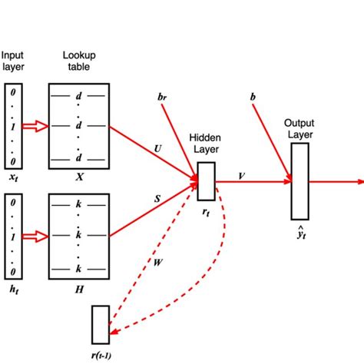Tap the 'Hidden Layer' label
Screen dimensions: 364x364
tap(206, 143)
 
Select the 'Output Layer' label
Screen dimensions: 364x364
tap(299, 128)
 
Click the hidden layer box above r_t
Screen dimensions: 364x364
tap(206, 180)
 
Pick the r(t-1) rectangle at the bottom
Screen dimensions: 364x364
tap(100, 324)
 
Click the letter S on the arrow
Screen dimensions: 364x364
tap(157, 199)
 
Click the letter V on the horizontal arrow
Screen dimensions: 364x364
tap(242, 175)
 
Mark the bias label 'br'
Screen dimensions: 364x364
tap(162, 96)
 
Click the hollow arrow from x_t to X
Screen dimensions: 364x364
tap(35, 124)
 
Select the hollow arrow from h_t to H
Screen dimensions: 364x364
tap(35, 237)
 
